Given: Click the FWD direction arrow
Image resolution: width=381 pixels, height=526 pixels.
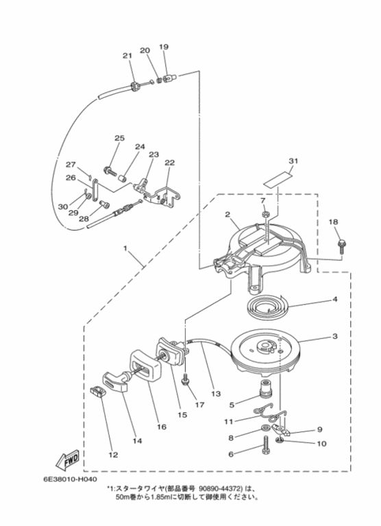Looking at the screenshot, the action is tap(68, 460).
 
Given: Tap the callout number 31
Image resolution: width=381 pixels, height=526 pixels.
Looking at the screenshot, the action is tap(293, 161).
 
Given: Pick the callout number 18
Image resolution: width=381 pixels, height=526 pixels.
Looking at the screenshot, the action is tap(333, 222).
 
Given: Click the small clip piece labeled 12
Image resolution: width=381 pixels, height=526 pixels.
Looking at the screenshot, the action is tap(97, 392).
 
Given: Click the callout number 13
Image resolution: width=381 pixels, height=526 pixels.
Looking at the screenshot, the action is tap(216, 394).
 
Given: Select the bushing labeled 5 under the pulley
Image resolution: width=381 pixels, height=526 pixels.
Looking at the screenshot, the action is tap(265, 387).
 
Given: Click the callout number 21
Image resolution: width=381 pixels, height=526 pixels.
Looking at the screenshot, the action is tap(127, 55).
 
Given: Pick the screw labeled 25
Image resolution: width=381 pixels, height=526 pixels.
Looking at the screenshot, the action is tap(110, 171).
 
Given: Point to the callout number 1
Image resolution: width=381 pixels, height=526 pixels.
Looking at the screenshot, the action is tap(125, 249).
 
